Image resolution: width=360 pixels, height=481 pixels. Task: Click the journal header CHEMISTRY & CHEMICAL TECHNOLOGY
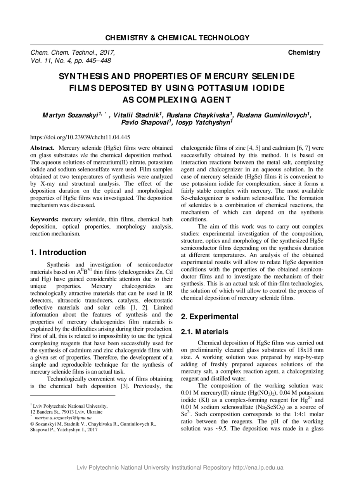point(177,38)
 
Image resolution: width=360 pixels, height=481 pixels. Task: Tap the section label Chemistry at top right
point(304,53)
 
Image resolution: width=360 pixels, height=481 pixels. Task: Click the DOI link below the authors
point(80,137)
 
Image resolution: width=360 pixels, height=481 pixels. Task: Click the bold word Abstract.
point(43,148)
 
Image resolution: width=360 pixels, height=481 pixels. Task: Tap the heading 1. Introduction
point(58,253)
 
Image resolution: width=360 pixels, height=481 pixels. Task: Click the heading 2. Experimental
point(210,317)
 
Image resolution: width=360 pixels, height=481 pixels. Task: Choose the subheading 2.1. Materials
point(205,332)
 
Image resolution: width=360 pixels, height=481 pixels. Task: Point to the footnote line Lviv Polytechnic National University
point(70,406)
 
